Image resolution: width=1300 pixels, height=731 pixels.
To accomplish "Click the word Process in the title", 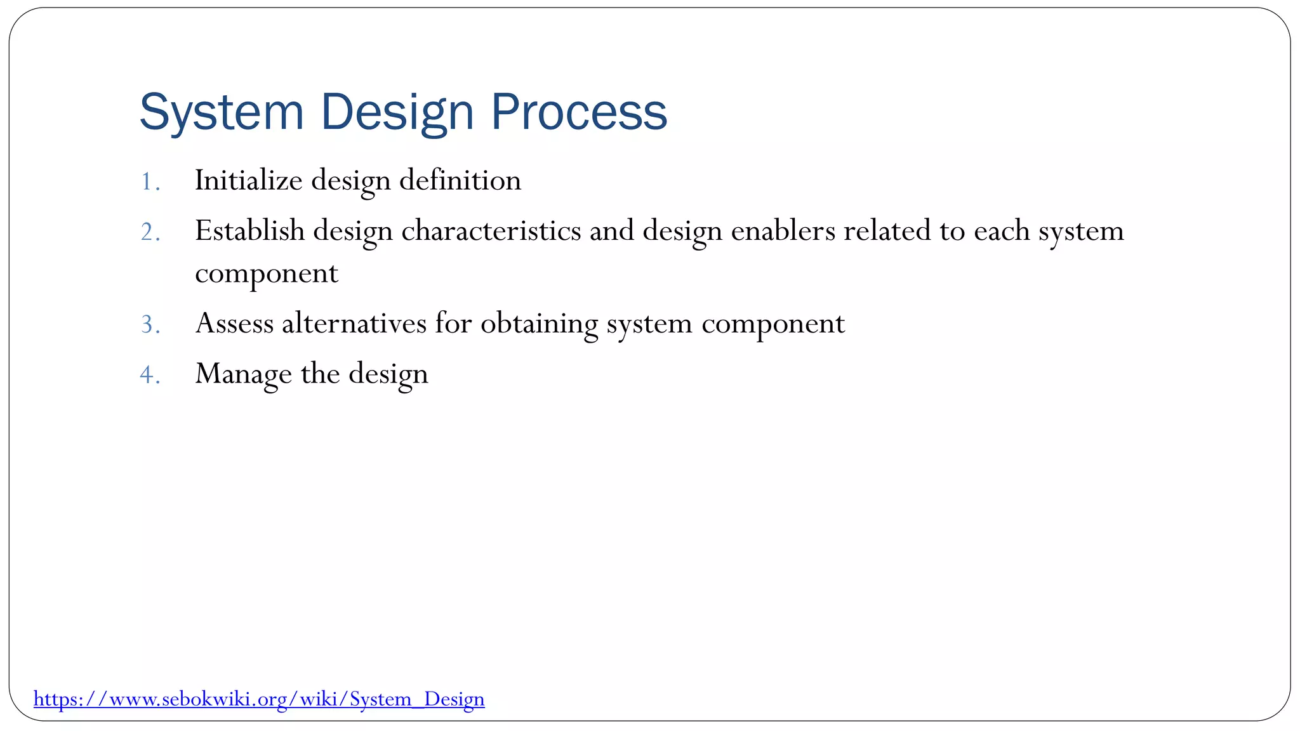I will [578, 112].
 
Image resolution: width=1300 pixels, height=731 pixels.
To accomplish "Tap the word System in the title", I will [222, 112].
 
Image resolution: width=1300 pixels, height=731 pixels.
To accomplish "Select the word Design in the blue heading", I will [397, 112].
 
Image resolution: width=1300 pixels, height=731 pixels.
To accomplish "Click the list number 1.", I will [149, 182].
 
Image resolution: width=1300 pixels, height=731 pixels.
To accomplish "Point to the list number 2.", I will [149, 232].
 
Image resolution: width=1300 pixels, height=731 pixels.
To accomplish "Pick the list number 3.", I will [149, 325].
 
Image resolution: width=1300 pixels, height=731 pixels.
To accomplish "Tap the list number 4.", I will [149, 375].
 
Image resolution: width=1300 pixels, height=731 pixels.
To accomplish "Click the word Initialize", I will [248, 180].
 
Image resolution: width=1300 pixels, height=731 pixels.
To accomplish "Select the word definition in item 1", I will [460, 180].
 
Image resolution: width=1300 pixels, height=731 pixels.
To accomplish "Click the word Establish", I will [249, 230].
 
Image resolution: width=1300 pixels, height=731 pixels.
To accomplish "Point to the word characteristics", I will [491, 230].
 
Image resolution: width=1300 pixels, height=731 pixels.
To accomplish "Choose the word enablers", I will [783, 230].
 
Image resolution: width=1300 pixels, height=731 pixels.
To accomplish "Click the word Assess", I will [234, 323].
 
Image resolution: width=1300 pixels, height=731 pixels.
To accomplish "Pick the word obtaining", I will [539, 324].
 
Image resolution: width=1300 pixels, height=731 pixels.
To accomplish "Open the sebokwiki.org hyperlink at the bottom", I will [259, 699].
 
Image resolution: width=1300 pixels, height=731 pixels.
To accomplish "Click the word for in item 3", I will [453, 323].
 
